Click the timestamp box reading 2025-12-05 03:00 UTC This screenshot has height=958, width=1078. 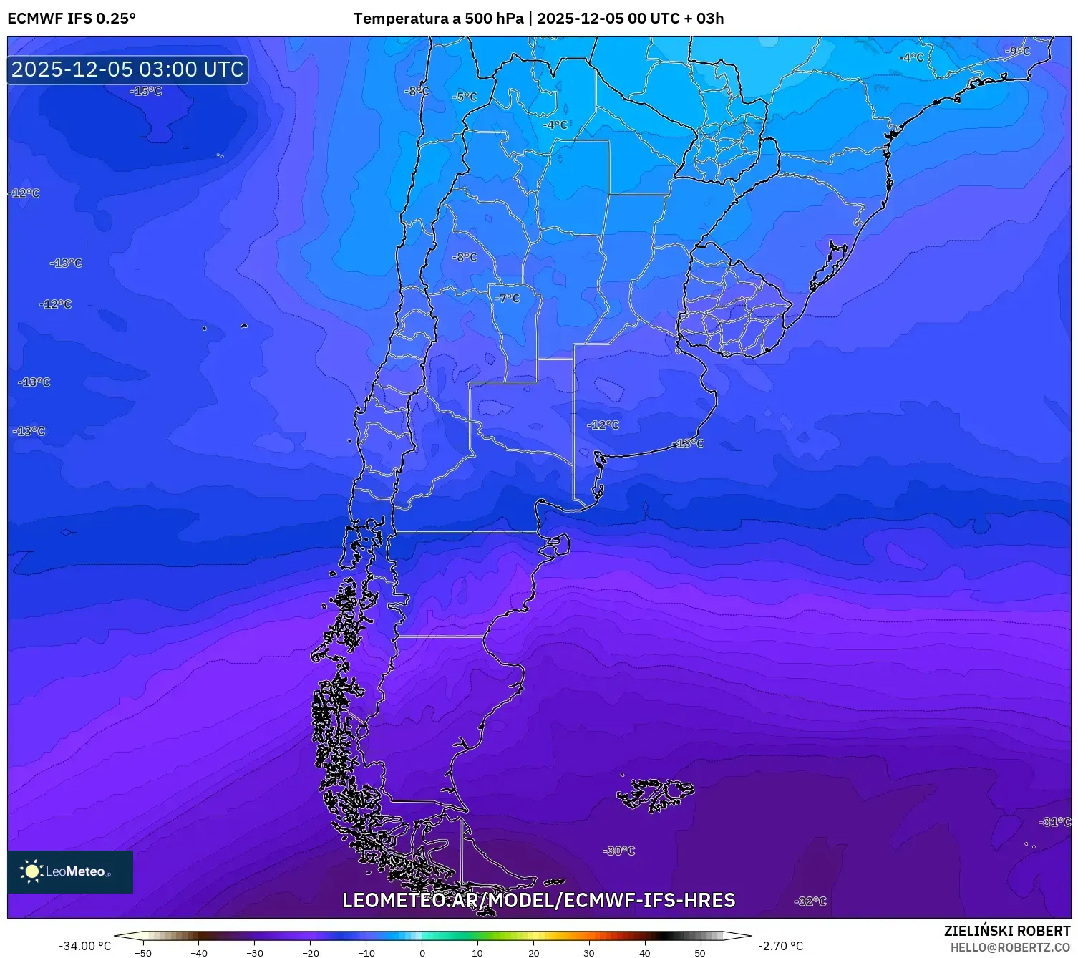click(x=127, y=69)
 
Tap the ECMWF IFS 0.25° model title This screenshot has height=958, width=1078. click(x=72, y=19)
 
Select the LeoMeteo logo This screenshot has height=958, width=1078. click(x=69, y=871)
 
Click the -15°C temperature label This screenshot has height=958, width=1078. click(x=146, y=91)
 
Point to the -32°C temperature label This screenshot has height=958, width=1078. click(x=810, y=901)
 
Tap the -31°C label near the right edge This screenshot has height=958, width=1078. click(x=1054, y=821)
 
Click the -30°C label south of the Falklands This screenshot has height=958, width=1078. click(x=619, y=851)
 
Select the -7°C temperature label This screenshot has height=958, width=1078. click(x=508, y=298)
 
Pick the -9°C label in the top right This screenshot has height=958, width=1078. click(x=1017, y=51)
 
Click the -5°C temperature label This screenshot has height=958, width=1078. click(x=465, y=97)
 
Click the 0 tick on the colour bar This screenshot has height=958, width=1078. click(x=422, y=952)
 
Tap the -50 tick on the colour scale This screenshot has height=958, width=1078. click(x=143, y=952)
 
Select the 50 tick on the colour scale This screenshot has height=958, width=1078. click(x=700, y=952)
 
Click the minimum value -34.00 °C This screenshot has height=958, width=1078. click(x=84, y=946)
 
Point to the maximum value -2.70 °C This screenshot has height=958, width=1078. click(x=781, y=946)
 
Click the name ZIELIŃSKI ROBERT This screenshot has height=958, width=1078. click(x=1007, y=931)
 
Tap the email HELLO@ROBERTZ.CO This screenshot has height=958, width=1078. click(x=1010, y=947)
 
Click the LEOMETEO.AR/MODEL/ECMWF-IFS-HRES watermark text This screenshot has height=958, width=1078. click(x=538, y=900)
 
